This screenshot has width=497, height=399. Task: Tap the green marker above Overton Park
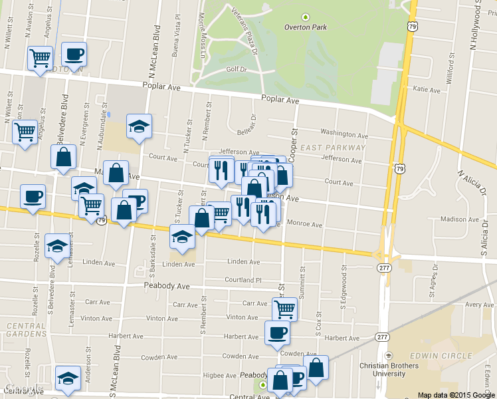pos(305,17)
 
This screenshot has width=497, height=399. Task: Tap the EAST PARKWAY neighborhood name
pos(333,148)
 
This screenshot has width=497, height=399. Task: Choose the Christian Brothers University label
pos(389,370)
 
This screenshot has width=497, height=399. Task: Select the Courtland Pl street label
pos(244,280)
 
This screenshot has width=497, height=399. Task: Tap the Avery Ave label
pos(479,305)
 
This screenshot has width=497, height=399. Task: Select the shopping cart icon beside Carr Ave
pos(284,308)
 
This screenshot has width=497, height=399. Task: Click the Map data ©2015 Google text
pos(456,395)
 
